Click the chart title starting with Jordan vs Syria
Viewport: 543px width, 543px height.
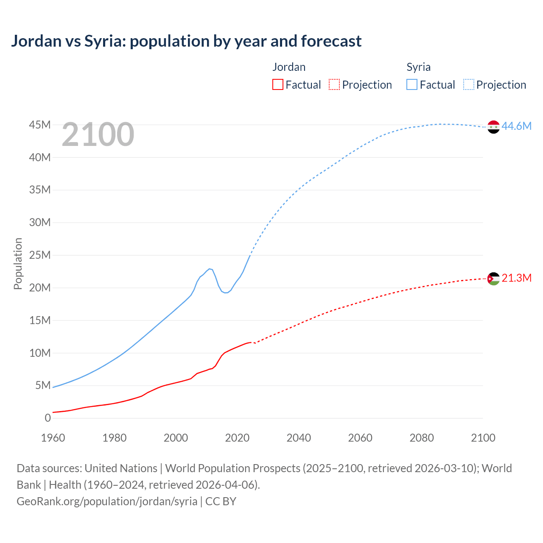(186, 41)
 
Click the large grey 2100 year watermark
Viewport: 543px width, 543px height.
(98, 134)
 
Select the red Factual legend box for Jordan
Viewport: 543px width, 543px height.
(277, 84)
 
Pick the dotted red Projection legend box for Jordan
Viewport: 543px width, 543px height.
(334, 84)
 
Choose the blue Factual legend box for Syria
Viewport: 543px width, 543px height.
(411, 84)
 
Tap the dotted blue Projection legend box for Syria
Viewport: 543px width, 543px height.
(468, 84)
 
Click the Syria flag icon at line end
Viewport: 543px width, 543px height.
(493, 127)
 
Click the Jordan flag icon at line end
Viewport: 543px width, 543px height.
(493, 279)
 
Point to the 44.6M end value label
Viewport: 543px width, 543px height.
(516, 126)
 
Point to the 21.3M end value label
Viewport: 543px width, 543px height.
(516, 278)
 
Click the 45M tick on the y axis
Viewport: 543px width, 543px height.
(40, 125)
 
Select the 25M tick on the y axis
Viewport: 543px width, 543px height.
(40, 255)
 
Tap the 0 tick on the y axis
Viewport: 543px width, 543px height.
(48, 418)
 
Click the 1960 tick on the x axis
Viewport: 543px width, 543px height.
(53, 438)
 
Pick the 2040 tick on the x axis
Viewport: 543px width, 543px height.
(299, 438)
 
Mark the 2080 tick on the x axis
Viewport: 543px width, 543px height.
(422, 438)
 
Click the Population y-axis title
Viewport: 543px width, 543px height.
(18, 263)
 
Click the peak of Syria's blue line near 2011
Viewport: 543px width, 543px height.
(210, 269)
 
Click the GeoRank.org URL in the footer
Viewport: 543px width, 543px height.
(107, 501)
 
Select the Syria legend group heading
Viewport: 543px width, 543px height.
(418, 67)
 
